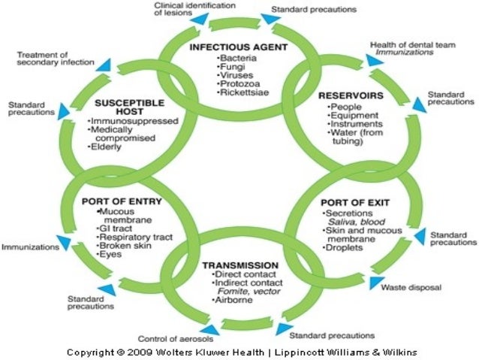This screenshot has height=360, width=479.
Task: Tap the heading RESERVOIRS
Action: pyautogui.click(x=351, y=96)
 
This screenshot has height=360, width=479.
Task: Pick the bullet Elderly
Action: pyautogui.click(x=108, y=147)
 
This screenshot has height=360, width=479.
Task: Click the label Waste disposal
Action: pyautogui.click(x=411, y=287)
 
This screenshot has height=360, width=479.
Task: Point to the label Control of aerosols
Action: pyautogui.click(x=170, y=338)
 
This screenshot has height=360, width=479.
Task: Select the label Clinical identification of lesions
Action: pyautogui.click(x=191, y=8)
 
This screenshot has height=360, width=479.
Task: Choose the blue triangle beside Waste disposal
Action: pyautogui.click(x=375, y=283)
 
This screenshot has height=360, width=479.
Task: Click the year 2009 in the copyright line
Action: pyautogui.click(x=143, y=352)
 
